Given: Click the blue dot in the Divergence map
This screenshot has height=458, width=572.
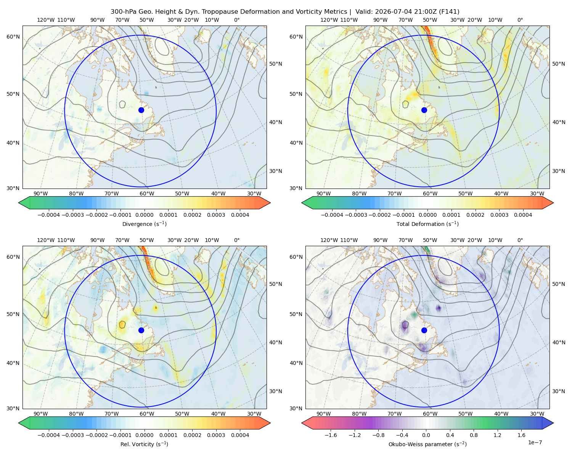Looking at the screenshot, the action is (x=141, y=110).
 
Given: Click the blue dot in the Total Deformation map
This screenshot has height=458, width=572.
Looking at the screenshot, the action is (x=424, y=110).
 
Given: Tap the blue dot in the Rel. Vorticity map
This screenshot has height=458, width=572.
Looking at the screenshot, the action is (x=141, y=330).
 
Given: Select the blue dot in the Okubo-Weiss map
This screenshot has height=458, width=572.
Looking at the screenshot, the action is (x=424, y=330).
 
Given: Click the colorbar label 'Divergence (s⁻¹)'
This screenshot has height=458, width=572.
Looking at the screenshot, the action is (x=144, y=224).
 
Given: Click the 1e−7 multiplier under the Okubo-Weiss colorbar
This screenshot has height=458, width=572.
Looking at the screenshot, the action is (x=535, y=442).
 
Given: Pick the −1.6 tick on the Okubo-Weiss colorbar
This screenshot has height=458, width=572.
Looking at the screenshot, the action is (x=331, y=435).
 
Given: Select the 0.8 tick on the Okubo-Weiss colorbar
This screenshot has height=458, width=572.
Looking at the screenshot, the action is (x=474, y=435).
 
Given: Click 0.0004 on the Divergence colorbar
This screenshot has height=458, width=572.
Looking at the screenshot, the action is (x=240, y=215).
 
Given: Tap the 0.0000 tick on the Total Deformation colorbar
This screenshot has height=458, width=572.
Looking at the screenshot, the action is (x=427, y=215).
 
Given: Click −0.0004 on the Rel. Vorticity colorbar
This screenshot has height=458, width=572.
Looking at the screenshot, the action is (x=49, y=435).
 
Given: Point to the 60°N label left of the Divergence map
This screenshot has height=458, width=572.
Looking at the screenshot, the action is (x=13, y=37).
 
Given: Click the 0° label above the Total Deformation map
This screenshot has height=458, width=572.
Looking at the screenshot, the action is (x=520, y=20).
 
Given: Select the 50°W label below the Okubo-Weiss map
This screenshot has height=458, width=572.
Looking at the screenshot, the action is (x=465, y=414).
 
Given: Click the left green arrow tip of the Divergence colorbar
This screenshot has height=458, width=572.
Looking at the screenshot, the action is (x=19, y=203).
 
